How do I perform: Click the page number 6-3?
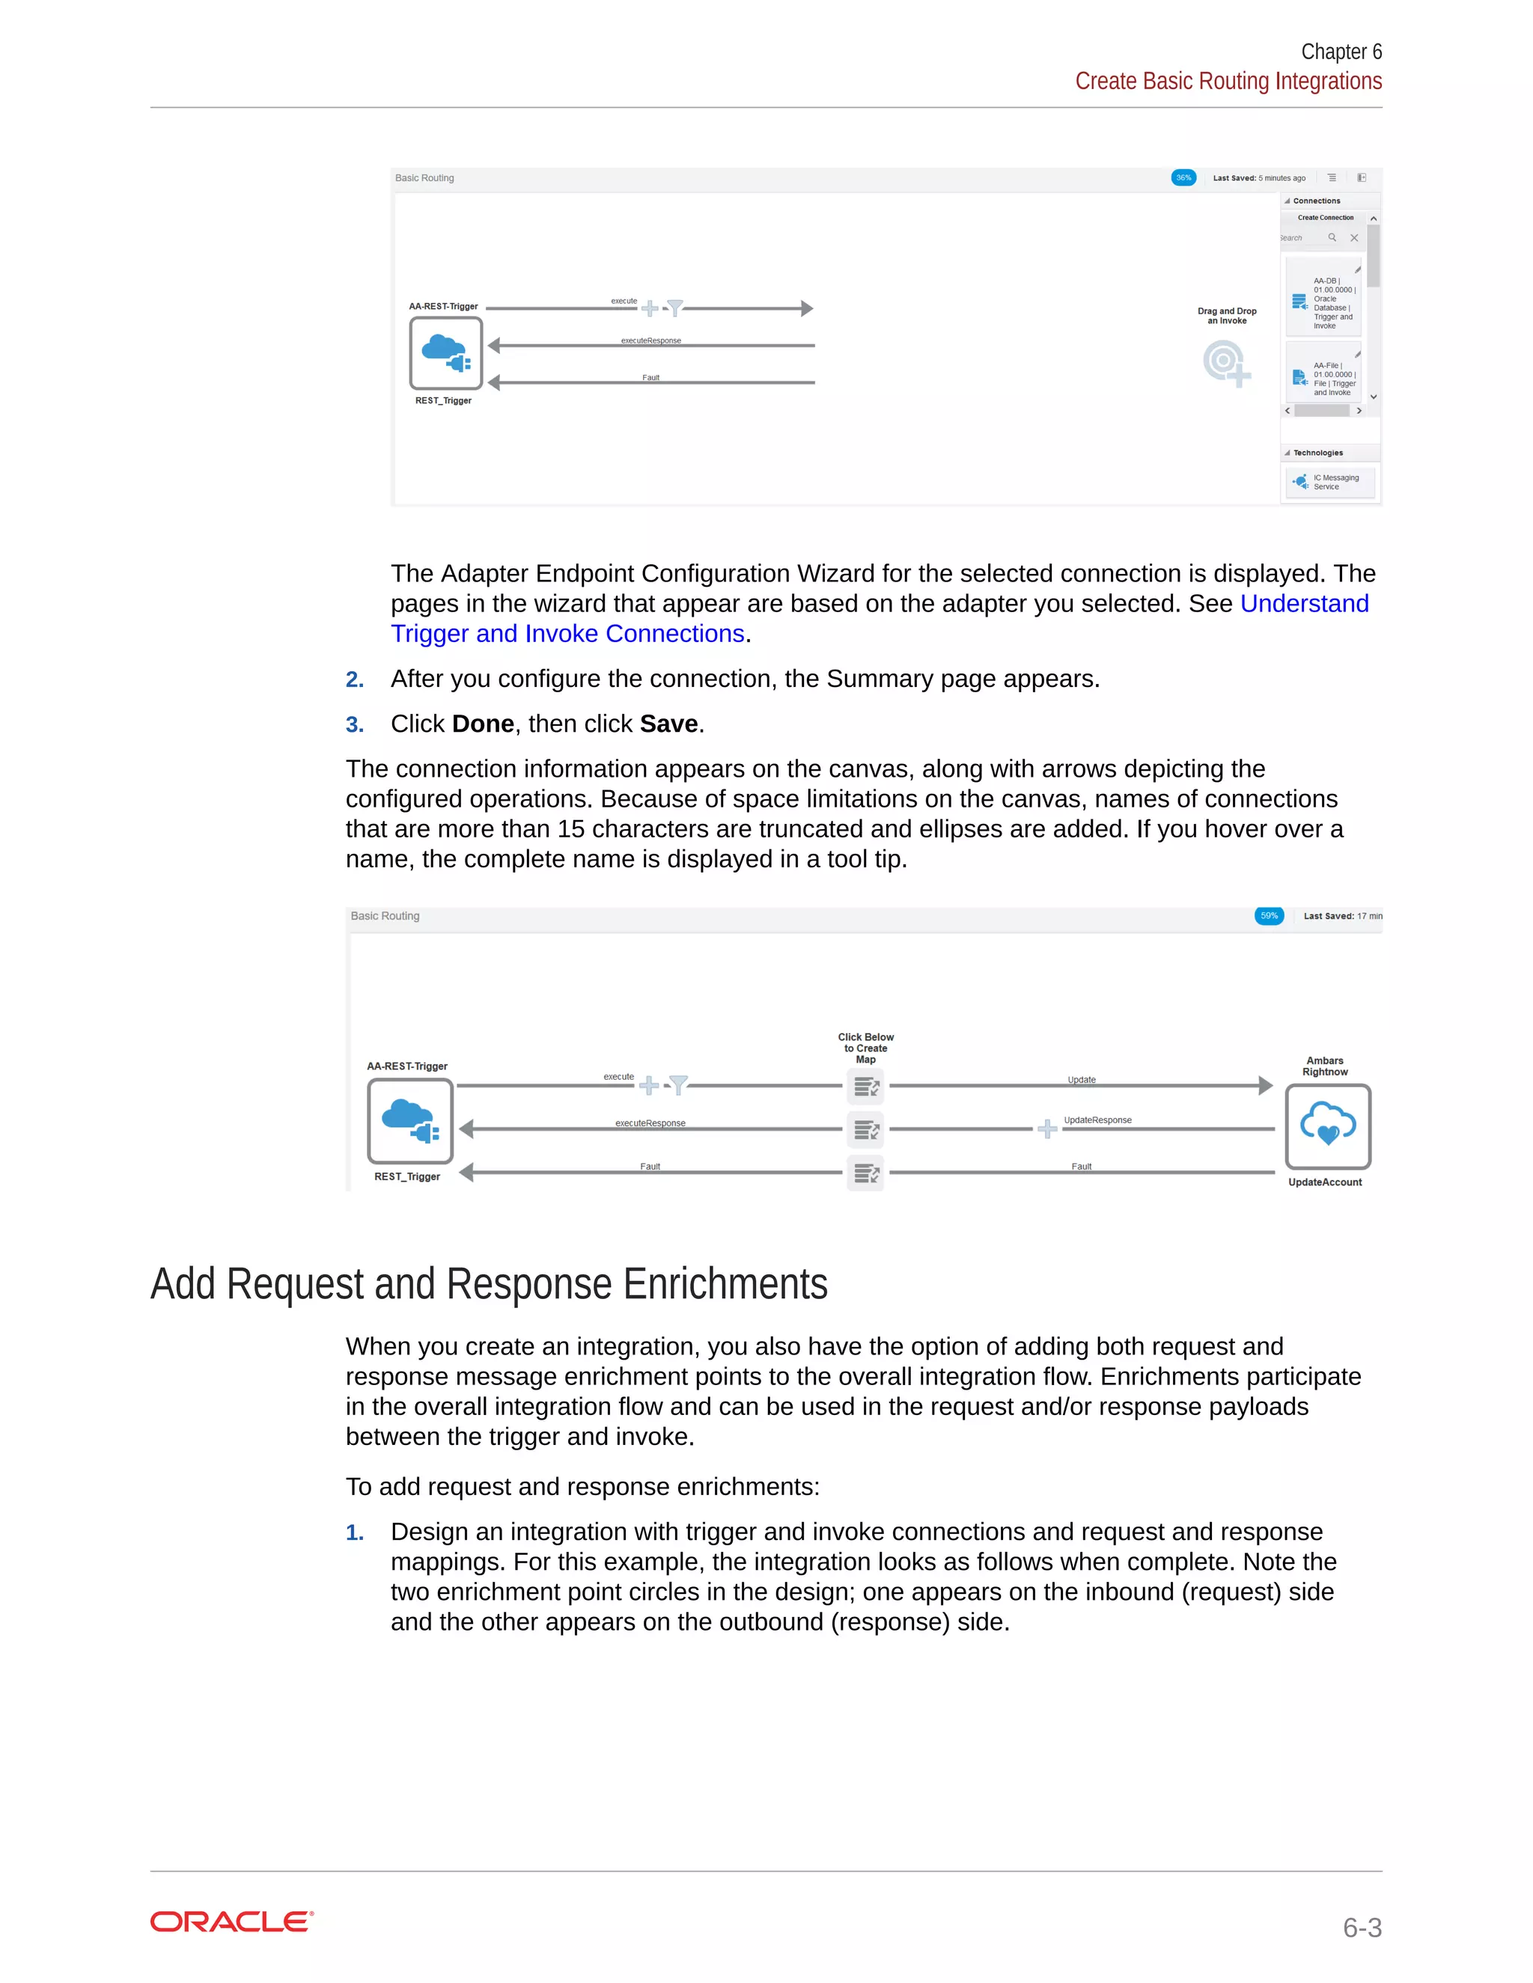pyautogui.click(x=1362, y=1927)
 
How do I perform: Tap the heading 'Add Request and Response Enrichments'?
pyautogui.click(x=489, y=1284)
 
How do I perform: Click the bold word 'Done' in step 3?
pyautogui.click(x=483, y=724)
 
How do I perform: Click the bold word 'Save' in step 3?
pyautogui.click(x=668, y=724)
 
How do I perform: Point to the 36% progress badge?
pyautogui.click(x=1183, y=178)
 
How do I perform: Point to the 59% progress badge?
pyautogui.click(x=1269, y=915)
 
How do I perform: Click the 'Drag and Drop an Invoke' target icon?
pyautogui.click(x=1225, y=362)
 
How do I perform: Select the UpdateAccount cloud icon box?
pyautogui.click(x=1327, y=1126)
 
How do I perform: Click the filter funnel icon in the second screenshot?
pyautogui.click(x=678, y=1085)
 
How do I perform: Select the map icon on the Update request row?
pyautogui.click(x=865, y=1086)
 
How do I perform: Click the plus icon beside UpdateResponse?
pyautogui.click(x=1047, y=1128)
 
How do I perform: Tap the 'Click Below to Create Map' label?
pyautogui.click(x=865, y=1048)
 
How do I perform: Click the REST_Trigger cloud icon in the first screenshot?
pyautogui.click(x=445, y=353)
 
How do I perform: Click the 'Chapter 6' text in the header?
pyautogui.click(x=1341, y=52)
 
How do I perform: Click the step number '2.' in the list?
pyautogui.click(x=354, y=679)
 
